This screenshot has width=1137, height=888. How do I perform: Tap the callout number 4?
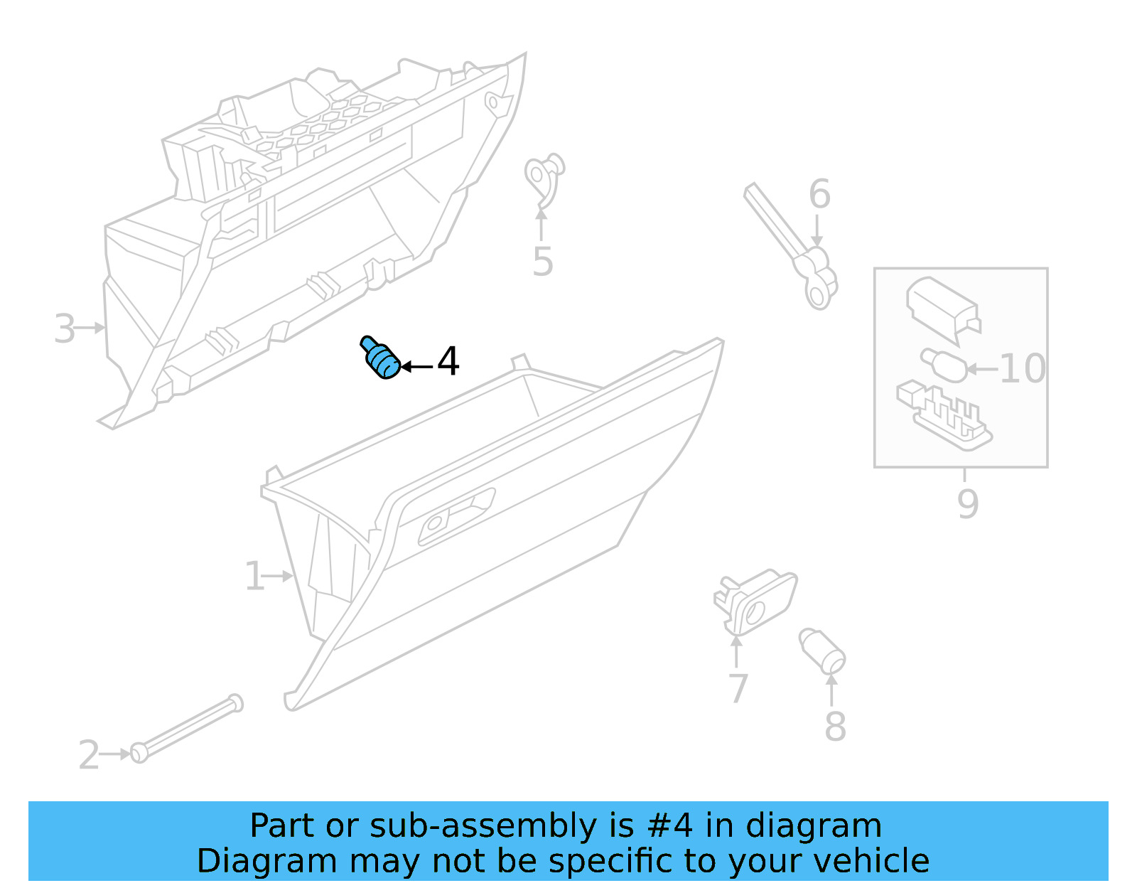448,362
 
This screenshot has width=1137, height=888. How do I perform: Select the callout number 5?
542,262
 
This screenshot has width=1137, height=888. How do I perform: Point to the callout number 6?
819,194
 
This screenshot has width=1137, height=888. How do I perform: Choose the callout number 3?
65,329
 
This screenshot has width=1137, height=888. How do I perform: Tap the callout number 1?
254,577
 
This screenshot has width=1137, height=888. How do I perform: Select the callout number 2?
89,755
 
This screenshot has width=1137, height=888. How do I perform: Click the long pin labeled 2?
189,728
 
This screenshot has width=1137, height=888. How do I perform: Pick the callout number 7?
738,688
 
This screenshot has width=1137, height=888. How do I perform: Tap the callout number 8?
835,727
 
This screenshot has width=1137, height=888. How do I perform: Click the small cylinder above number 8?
822,650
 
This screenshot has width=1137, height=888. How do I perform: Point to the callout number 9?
968,503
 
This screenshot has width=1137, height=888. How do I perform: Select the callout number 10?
1022,368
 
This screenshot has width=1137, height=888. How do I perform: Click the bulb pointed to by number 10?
944,363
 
